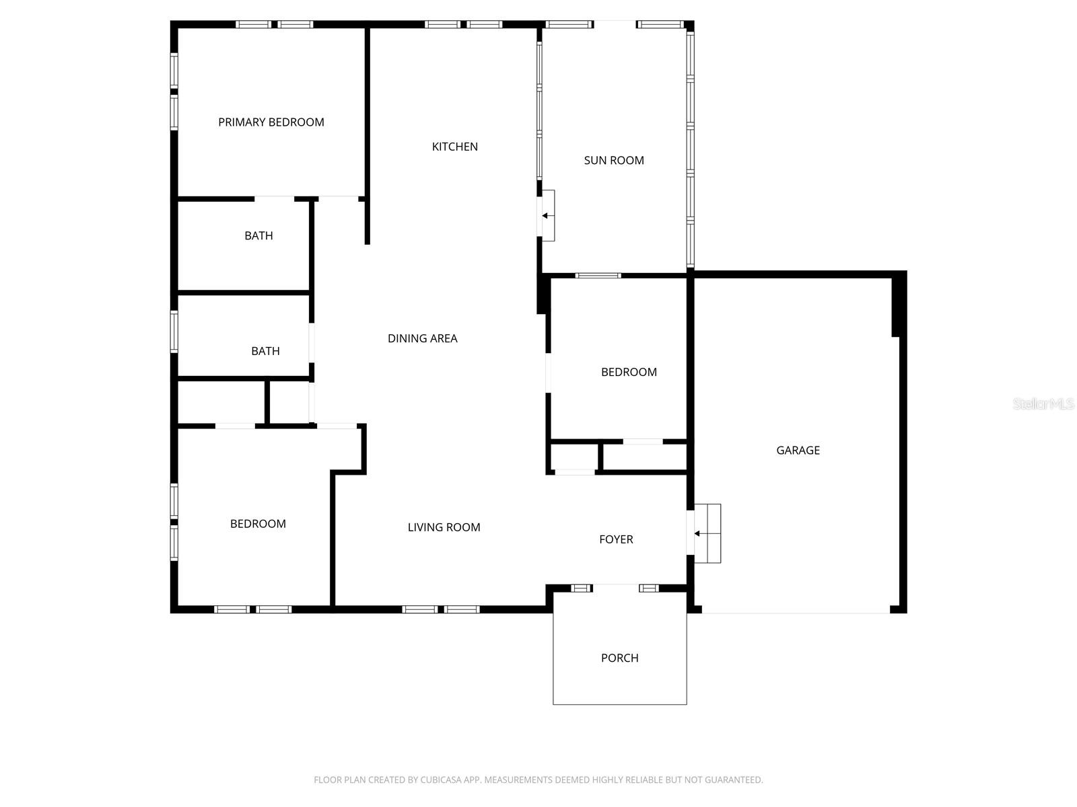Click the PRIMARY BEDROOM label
pos(271,122)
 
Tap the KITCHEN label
pos(455,147)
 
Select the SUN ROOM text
pos(614,160)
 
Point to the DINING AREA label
pos(423,338)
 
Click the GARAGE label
pos(798,451)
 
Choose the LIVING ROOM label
pos(444,527)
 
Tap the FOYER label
pos(616,539)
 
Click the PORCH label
pos(620,658)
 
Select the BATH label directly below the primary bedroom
pos(258,235)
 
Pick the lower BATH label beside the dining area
pos(265,351)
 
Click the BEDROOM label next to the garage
pos(629,372)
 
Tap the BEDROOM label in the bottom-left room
pos(258,524)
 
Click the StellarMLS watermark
pos(1043,404)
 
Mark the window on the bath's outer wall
pos(174,331)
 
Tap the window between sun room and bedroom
pos(598,275)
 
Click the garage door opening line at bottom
pos(796,613)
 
